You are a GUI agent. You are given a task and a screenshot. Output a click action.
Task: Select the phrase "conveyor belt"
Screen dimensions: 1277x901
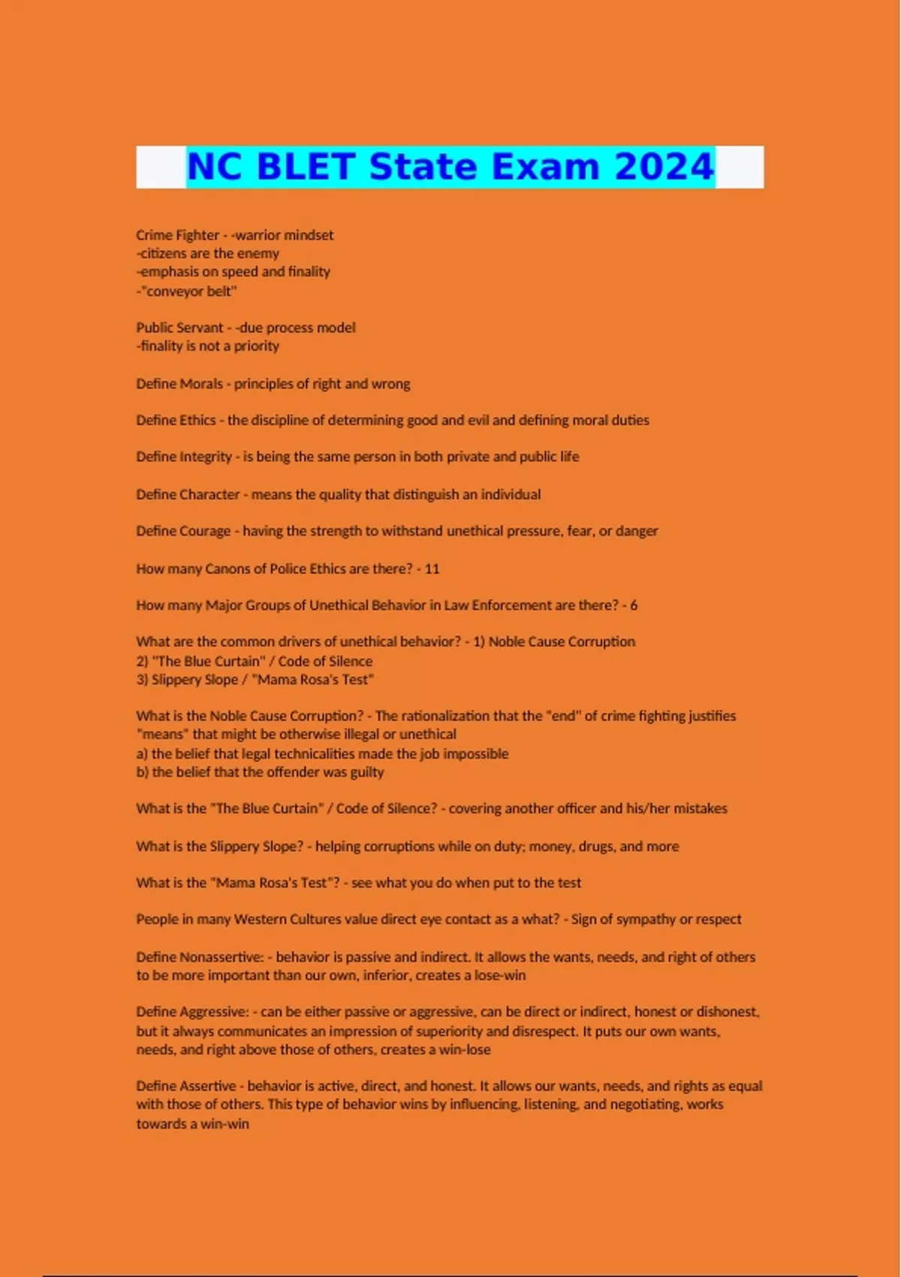tap(191, 291)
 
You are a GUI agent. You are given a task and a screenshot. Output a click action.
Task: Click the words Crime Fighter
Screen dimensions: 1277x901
tap(177, 235)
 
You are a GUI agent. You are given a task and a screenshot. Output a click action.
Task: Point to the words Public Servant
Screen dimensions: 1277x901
tap(179, 328)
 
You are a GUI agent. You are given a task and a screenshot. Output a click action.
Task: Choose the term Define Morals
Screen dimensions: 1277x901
tap(179, 384)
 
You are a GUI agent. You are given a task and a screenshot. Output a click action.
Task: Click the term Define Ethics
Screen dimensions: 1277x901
tap(176, 420)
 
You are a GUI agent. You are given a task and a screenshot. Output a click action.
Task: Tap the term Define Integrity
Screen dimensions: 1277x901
tap(184, 457)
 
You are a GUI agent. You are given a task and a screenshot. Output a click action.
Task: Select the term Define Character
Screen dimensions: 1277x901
tap(188, 494)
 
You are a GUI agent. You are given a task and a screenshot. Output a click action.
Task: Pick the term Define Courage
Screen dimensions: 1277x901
tap(183, 531)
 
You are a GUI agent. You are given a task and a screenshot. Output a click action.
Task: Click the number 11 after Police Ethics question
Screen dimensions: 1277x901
tap(432, 569)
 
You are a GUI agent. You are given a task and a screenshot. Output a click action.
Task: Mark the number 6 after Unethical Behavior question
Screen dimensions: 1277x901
tap(634, 605)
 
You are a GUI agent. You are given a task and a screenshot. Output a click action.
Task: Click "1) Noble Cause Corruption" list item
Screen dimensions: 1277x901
tap(554, 642)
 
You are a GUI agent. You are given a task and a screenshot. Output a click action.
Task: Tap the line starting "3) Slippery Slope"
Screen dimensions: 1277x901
tap(255, 680)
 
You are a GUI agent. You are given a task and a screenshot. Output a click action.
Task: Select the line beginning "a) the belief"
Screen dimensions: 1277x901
tap(322, 753)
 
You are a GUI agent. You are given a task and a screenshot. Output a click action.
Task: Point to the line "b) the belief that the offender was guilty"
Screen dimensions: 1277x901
tap(260, 772)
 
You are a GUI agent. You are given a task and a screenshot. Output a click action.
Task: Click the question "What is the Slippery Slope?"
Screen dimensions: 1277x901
tap(219, 846)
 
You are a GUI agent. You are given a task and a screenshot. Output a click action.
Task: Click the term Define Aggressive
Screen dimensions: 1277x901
tap(192, 1012)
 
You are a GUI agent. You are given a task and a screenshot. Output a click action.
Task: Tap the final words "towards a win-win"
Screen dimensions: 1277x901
tap(192, 1124)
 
